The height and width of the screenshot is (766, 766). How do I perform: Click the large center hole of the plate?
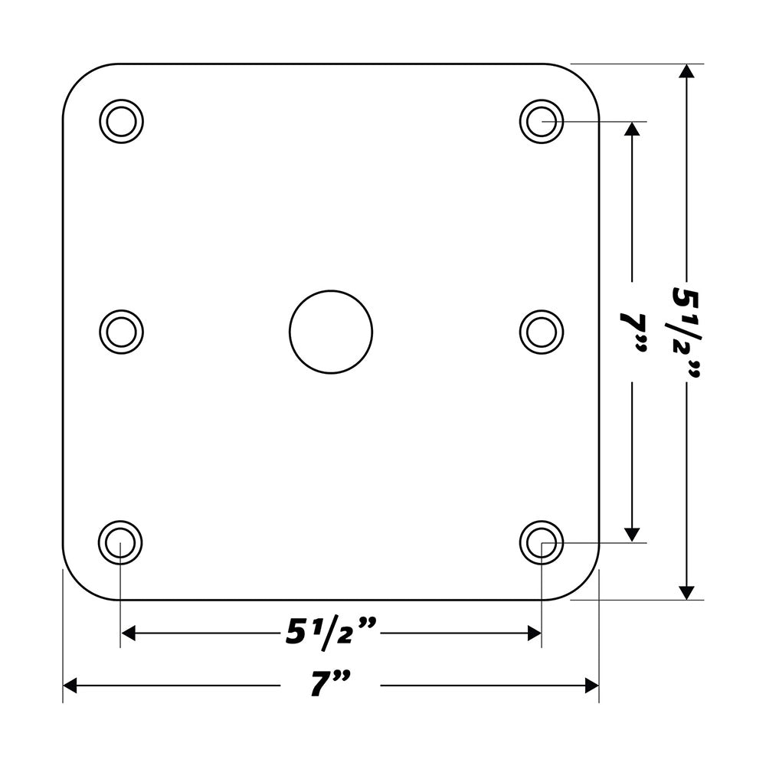pyautogui.click(x=331, y=332)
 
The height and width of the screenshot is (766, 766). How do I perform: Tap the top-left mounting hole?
pyautogui.click(x=122, y=121)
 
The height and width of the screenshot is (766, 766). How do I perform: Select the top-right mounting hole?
pyautogui.click(x=542, y=121)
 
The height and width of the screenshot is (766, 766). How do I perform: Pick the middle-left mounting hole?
pyautogui.click(x=122, y=332)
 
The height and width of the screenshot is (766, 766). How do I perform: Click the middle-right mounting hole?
pyautogui.click(x=542, y=332)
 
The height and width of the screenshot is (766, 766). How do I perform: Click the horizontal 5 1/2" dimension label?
pyautogui.click(x=331, y=632)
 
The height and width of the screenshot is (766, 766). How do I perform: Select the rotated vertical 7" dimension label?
pyautogui.click(x=634, y=331)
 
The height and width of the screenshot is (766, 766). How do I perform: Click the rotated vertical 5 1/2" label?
pyautogui.click(x=686, y=331)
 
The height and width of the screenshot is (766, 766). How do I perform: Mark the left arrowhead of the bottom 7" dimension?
pyautogui.click(x=70, y=686)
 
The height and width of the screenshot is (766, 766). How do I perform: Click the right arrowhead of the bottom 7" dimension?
pyautogui.click(x=591, y=686)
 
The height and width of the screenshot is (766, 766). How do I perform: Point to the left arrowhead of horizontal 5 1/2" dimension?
pyautogui.click(x=129, y=633)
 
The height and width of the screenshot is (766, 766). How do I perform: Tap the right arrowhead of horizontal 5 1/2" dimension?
pyautogui.click(x=535, y=633)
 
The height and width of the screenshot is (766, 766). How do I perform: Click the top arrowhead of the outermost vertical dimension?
pyautogui.click(x=687, y=71)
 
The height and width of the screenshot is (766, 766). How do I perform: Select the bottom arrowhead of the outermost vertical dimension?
pyautogui.click(x=687, y=591)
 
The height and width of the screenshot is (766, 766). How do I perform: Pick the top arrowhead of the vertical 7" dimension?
pyautogui.click(x=632, y=128)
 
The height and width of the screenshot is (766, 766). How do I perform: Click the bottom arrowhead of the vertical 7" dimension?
pyautogui.click(x=632, y=534)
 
